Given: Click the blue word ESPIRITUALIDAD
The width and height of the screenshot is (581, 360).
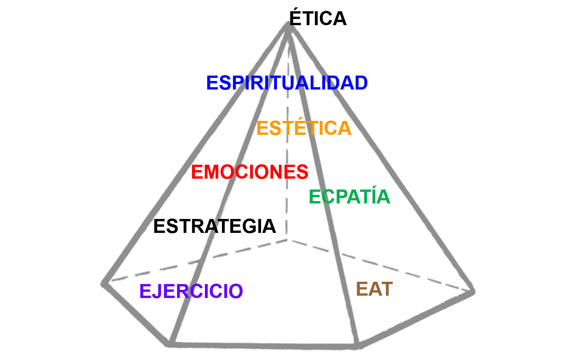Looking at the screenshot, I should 287,83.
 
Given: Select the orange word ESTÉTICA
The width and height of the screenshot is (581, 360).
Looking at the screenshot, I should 304,128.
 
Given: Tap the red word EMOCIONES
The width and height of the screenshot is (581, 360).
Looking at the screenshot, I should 249,172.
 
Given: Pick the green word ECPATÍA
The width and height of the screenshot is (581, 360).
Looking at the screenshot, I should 349,197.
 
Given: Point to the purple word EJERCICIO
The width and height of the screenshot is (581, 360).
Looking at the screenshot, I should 191,291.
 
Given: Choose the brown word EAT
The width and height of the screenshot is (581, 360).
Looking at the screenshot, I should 374,289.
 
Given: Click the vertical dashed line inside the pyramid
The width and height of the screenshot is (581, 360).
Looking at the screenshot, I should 287,155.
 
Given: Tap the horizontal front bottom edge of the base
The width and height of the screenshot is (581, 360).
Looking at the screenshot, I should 263,345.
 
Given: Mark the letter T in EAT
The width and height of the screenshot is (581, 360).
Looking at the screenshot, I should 386,289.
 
